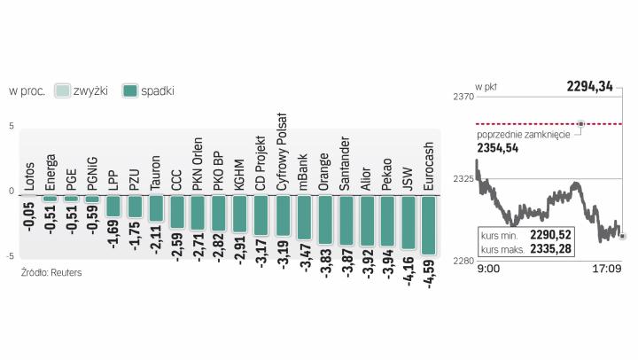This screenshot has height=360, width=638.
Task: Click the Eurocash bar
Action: pyautogui.click(x=429, y=225)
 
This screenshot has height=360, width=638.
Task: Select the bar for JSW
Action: pyautogui.click(x=408, y=223)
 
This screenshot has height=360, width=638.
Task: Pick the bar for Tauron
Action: pyautogui.click(x=156, y=208)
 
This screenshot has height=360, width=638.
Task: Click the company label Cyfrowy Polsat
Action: pyautogui.click(x=284, y=152)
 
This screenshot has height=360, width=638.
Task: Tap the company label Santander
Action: pyautogui.click(x=346, y=164)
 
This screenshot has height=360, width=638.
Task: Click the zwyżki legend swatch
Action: pyautogui.click(x=63, y=90)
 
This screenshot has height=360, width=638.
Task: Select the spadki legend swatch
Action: pyautogui.click(x=130, y=90)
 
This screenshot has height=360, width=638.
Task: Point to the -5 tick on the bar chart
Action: pyautogui.click(x=11, y=255)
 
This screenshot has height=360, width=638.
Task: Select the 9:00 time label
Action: pyautogui.click(x=488, y=268)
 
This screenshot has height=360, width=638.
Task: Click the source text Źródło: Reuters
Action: pyautogui.click(x=51, y=272)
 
